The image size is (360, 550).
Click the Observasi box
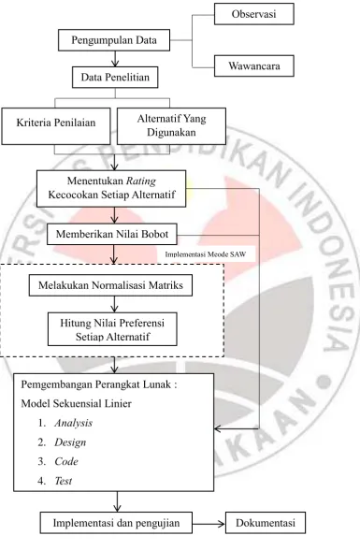254,14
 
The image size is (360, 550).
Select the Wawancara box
254,65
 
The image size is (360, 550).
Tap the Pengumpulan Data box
114,40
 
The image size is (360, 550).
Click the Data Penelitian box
115,77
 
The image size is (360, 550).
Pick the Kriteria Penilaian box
56,126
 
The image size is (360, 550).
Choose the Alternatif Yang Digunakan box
171,126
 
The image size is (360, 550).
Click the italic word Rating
141,181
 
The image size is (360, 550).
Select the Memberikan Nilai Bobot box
112,234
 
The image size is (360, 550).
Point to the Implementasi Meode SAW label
206,254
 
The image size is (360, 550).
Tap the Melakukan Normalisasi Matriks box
110,285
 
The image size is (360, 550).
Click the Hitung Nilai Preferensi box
112,329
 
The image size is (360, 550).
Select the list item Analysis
73,423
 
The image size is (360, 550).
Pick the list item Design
70,442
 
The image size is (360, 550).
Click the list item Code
66,462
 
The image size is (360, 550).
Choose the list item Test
64,481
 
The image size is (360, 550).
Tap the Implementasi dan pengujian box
116,523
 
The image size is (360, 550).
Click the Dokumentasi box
266,523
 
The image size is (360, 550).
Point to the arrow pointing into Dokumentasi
209,524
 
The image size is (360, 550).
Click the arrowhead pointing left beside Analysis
218,428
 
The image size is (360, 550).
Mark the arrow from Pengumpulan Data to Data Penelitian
115,59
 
